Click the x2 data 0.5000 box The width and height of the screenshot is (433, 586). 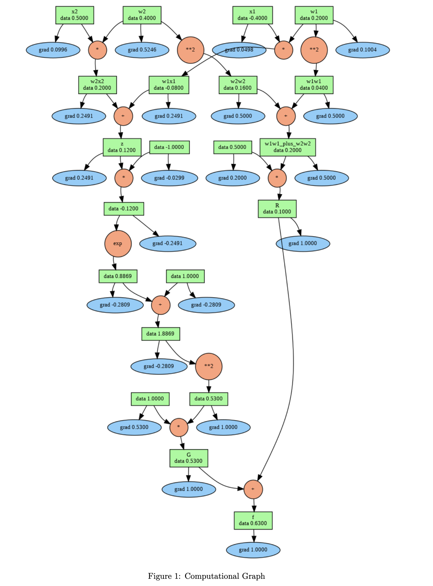[74, 15]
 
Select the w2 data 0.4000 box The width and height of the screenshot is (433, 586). [142, 15]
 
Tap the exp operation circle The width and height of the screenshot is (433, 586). [118, 244]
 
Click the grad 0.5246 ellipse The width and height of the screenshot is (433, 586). [142, 50]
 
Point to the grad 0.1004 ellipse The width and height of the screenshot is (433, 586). [362, 50]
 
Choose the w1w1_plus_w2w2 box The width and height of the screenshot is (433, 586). [288, 147]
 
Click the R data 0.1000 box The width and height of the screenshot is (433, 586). [277, 209]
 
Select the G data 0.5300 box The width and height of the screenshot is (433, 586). [189, 458]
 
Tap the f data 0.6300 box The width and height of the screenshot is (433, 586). [253, 521]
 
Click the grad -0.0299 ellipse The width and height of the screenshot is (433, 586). [169, 178]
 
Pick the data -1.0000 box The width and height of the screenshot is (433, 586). [169, 147]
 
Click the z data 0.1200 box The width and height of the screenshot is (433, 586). [122, 147]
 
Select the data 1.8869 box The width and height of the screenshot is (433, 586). [161, 334]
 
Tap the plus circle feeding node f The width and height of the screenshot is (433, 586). [253, 489]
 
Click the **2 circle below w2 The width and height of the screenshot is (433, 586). [190, 50]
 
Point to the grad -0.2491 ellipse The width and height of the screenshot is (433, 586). [167, 244]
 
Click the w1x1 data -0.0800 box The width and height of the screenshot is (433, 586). [169, 85]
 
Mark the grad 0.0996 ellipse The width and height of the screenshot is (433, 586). [53, 50]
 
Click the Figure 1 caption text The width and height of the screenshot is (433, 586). [206, 576]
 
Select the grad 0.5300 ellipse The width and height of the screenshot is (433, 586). [134, 427]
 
